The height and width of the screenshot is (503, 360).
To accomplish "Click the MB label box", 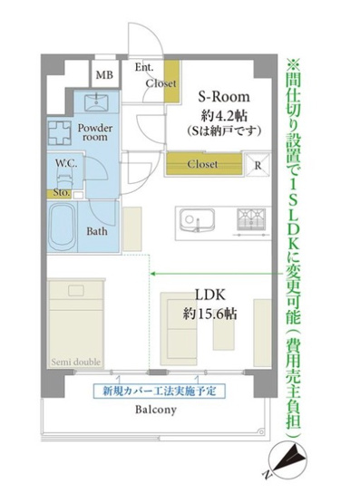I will [105, 75].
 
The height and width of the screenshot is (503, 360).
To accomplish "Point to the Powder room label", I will [93, 132].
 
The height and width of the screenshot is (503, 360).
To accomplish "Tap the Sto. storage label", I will [62, 191].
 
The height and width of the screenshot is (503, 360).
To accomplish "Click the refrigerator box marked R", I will [258, 166].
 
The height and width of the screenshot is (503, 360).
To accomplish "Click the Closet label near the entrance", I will [161, 83].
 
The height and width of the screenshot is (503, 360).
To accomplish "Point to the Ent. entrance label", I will [144, 67].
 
